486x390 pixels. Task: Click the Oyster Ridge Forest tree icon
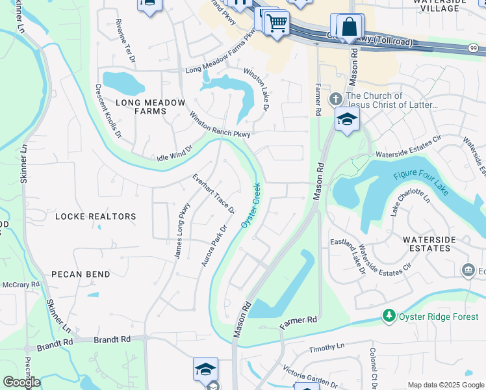[389, 315]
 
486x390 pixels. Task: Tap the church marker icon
[335, 99]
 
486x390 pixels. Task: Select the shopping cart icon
[277, 23]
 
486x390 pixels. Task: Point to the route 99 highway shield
[474, 47]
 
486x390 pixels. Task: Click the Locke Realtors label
[96, 216]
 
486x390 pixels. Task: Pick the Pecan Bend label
[81, 274]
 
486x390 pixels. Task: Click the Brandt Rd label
[112, 339]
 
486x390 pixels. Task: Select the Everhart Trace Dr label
[213, 194]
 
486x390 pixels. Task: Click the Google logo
[21, 382]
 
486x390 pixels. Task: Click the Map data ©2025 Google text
[445, 385]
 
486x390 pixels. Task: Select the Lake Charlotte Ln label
[411, 205]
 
